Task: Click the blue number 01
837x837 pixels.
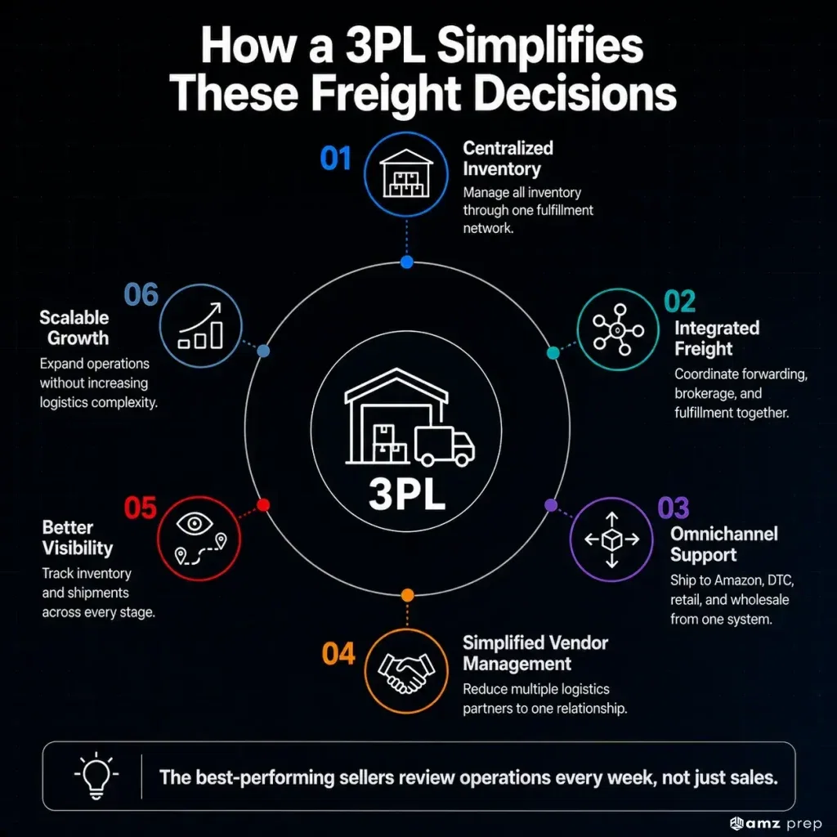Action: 335,159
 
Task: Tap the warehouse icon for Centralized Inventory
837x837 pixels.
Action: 406,173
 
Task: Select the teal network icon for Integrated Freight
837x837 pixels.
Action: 618,330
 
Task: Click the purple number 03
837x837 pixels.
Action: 674,508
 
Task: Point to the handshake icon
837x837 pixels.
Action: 406,672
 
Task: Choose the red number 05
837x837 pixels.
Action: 141,508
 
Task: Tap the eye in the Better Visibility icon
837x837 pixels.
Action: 195,523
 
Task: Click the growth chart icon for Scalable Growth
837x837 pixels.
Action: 200,325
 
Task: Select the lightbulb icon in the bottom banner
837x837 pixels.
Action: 96,776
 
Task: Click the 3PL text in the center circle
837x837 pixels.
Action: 407,494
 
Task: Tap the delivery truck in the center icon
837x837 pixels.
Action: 444,446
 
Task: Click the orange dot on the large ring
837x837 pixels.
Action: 407,595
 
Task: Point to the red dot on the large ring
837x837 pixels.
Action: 263,505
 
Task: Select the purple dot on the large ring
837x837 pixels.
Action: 551,505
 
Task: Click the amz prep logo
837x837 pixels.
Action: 776,824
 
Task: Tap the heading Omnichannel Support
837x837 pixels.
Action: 724,544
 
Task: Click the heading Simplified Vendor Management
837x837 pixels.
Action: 535,653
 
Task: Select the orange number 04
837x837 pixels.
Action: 338,654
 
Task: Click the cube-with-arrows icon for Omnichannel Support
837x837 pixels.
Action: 611,539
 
